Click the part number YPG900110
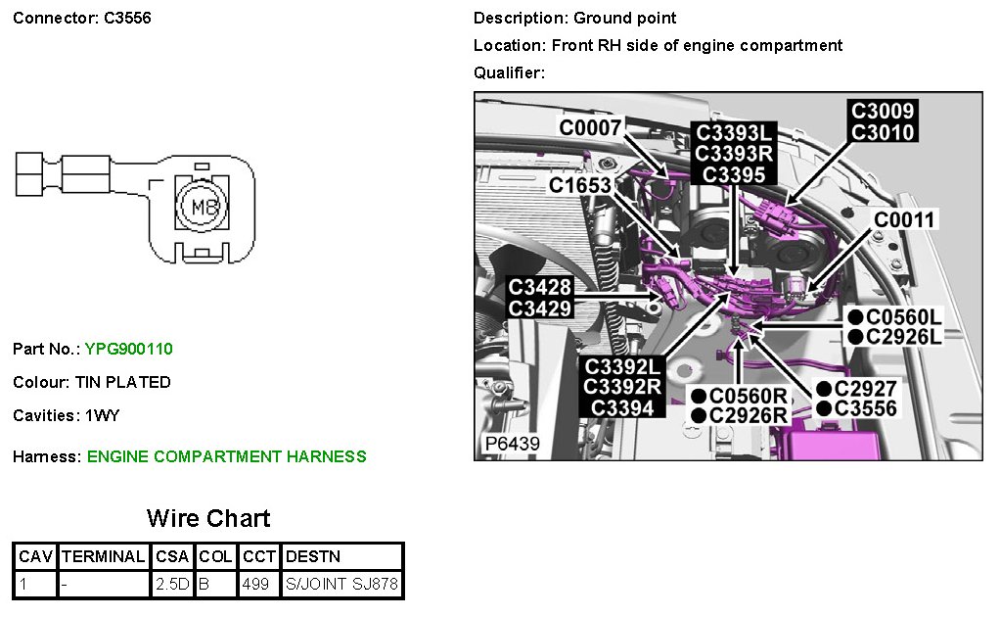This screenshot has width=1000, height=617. pos(128,349)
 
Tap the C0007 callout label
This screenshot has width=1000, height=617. pos(590,126)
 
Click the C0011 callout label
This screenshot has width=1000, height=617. pos(905,219)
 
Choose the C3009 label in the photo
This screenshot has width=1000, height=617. pos(883,112)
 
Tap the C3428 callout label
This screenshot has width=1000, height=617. pos(540,287)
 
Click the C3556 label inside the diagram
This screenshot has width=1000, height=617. pos(865,408)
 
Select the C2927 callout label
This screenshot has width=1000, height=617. pos(865,388)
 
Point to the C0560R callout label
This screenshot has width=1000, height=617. pos(749,396)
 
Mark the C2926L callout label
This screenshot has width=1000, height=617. pos(903,337)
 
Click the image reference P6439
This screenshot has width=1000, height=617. pos(513,444)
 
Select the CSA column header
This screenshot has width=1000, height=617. pos(173,556)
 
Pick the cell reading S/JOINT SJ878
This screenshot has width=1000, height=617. pos(341,585)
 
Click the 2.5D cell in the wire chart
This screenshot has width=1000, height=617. pos(173,585)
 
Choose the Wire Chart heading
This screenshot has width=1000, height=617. pos(208,518)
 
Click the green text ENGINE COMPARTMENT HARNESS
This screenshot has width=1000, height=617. pos(226,456)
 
